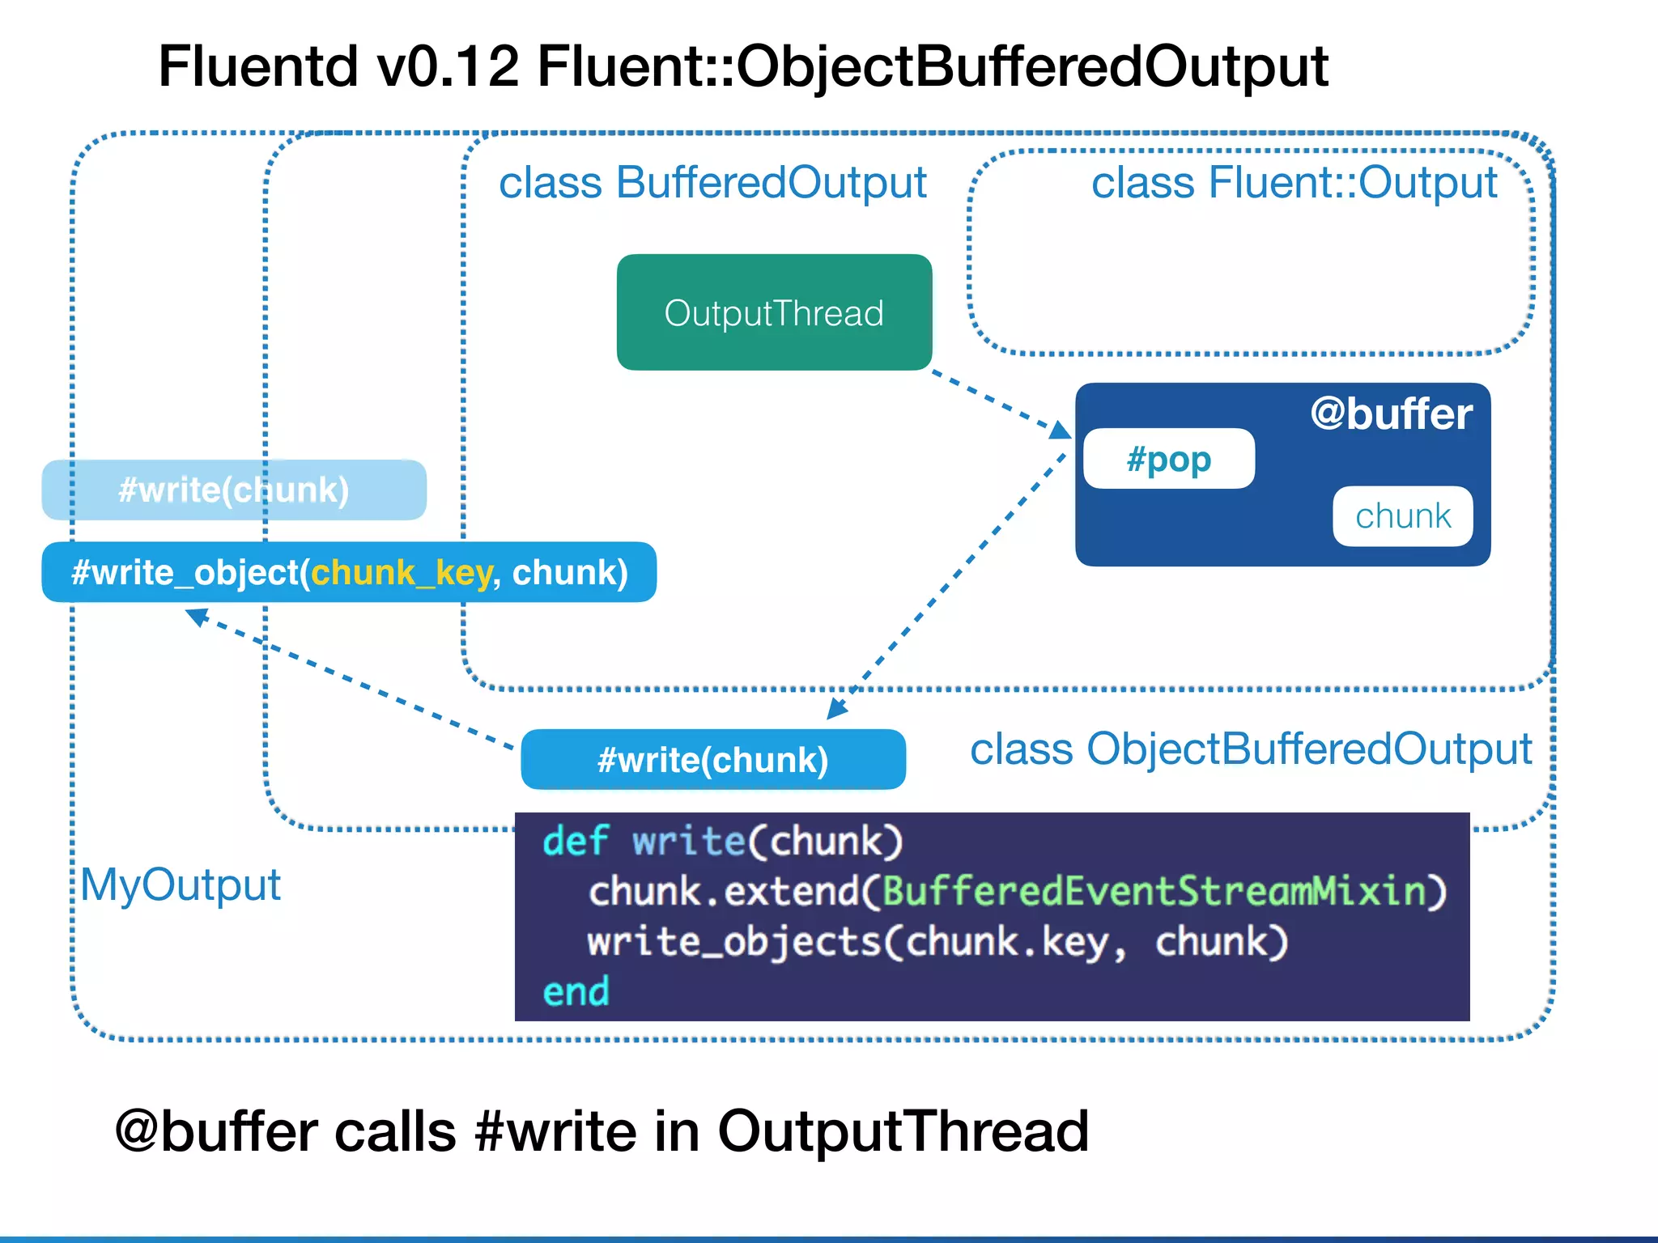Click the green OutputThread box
coord(774,312)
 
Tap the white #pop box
coord(1168,459)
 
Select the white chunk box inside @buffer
coord(1402,515)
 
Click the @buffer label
coord(1391,414)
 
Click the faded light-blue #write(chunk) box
coord(233,490)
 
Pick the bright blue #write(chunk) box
coord(712,759)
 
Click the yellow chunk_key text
coord(401,572)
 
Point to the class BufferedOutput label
coord(712,182)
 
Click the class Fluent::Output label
coord(1294,182)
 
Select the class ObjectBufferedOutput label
coord(1251,749)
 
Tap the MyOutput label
coord(181,884)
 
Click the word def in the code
coord(575,841)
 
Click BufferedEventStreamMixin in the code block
coord(1154,891)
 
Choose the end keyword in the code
coord(576,991)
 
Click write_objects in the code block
coord(733,942)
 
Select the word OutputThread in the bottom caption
coord(903,1131)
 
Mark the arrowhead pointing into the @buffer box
coord(1060,430)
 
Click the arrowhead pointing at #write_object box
coord(197,617)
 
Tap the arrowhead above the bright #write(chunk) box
coord(836,709)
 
